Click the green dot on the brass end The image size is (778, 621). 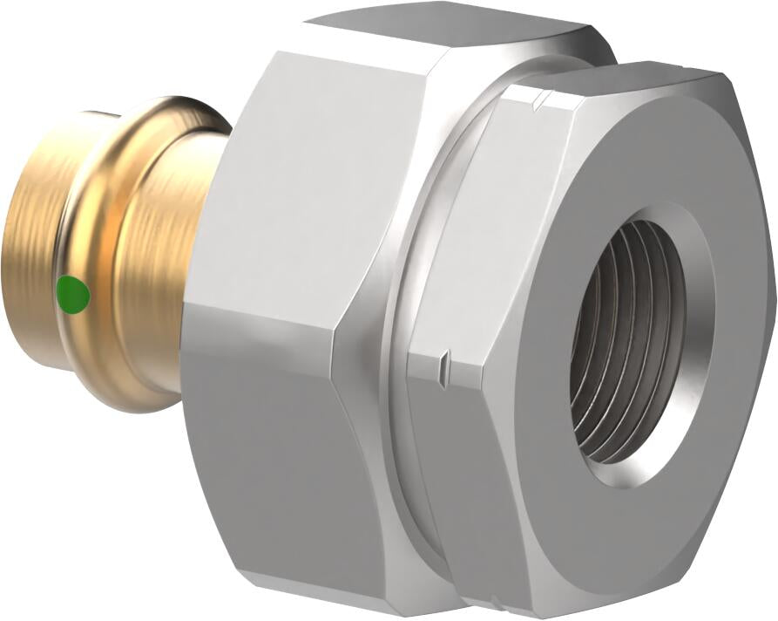pyautogui.click(x=73, y=294)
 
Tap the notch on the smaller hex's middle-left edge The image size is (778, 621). pyautogui.click(x=444, y=358)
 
